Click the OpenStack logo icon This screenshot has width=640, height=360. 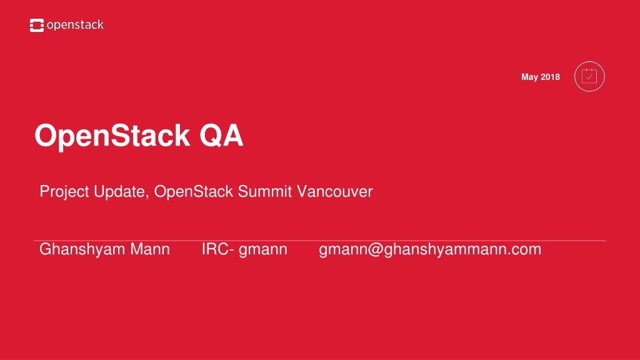(x=37, y=25)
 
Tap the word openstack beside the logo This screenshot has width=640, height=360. (x=75, y=25)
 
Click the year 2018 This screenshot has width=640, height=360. (x=550, y=77)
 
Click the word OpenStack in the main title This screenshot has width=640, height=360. (x=112, y=136)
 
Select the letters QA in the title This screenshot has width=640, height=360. (x=221, y=136)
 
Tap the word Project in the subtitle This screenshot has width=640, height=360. (x=64, y=192)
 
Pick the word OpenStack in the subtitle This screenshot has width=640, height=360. (x=194, y=191)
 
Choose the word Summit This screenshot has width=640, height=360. (x=265, y=191)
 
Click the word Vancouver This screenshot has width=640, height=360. (x=335, y=191)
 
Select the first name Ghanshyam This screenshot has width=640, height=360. (x=82, y=250)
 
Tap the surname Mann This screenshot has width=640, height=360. (x=150, y=249)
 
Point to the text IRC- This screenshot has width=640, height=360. (x=218, y=249)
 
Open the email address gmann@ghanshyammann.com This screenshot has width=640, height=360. (x=430, y=250)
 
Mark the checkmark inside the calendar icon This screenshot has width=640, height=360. (x=589, y=77)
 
